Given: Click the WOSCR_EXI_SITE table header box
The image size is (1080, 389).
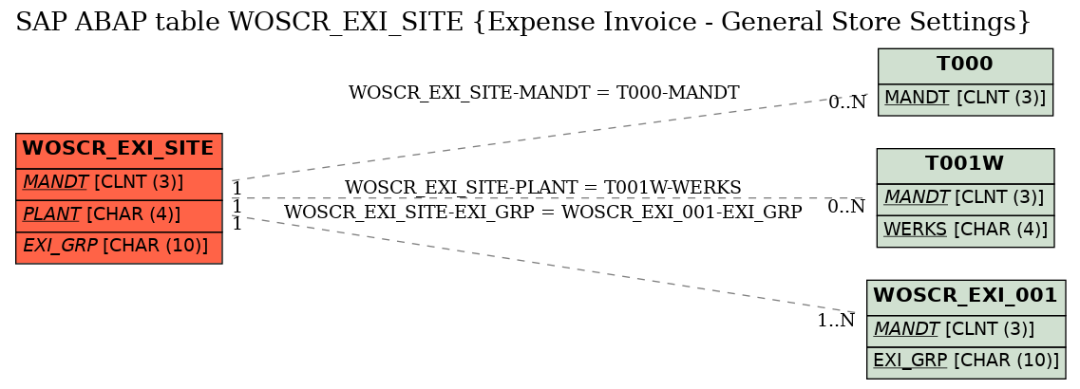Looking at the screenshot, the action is (x=119, y=149).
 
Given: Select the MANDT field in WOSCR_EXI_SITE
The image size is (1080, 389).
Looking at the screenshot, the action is (x=119, y=183).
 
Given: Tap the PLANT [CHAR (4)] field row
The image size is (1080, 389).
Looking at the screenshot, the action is (x=119, y=215).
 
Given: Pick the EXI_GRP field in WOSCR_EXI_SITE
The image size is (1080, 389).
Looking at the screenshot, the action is (x=119, y=248).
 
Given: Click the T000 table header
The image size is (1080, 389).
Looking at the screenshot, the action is (x=965, y=65).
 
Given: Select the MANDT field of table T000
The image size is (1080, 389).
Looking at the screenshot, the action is (x=965, y=99).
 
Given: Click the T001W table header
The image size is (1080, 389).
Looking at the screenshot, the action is (x=965, y=164).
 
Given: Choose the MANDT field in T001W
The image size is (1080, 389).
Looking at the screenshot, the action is (x=965, y=198).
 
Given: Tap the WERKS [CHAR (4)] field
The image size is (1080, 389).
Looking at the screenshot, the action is (x=965, y=231).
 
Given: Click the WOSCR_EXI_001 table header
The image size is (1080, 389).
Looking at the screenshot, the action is (x=966, y=296).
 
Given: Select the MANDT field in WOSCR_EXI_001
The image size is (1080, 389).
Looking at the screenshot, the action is (x=966, y=330).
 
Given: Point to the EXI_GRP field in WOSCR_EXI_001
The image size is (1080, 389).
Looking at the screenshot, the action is (x=966, y=362).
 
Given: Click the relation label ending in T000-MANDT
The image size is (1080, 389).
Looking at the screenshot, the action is (x=544, y=92).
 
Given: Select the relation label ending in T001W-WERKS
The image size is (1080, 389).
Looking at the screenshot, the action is (x=542, y=187).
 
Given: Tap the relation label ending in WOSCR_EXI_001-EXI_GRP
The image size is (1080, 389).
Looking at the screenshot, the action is (x=542, y=213).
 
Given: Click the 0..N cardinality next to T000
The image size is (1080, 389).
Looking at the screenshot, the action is (x=846, y=102).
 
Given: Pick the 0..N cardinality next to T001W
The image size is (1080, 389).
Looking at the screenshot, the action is (x=846, y=207).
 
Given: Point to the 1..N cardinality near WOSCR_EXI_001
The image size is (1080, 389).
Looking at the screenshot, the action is (x=836, y=320).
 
